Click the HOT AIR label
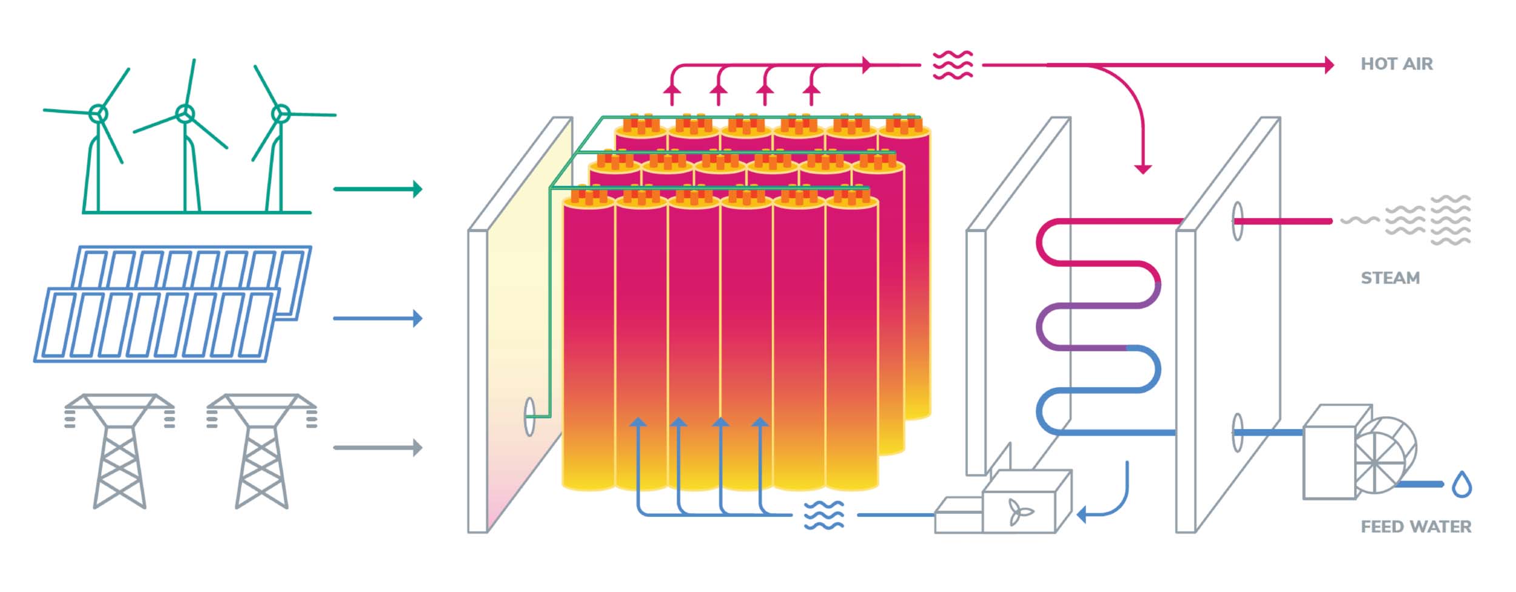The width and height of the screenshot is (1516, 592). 1396,64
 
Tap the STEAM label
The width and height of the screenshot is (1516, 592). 1390,278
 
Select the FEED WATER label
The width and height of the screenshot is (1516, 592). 1415,527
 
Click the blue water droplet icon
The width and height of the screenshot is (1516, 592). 1462,485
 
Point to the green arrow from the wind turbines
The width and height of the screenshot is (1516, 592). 377,189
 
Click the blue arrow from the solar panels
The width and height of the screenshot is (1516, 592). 377,318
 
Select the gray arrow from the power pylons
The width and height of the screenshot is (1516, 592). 377,448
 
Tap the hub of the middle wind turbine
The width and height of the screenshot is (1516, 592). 185,113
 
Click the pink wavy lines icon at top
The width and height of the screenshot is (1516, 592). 952,65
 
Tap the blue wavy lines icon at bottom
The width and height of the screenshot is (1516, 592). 823,515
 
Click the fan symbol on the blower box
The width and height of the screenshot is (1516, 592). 1020,511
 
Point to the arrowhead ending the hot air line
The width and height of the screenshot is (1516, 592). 1329,65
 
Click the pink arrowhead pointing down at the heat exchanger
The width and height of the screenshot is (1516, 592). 1143,168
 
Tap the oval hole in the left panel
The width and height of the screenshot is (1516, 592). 529,416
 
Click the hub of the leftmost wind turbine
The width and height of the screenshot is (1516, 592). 98,113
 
